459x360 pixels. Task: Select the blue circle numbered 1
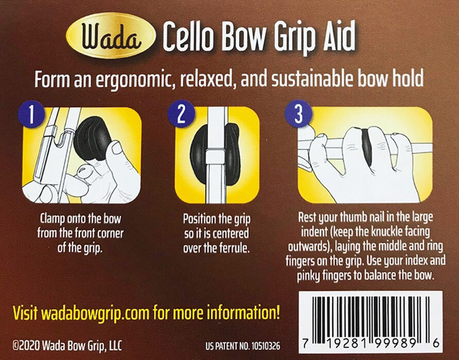click(x=31, y=114)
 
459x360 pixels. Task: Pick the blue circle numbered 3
click(x=299, y=114)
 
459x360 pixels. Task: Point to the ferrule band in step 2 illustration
click(x=215, y=157)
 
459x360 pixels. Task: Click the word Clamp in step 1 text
click(x=53, y=219)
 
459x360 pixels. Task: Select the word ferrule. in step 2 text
click(x=235, y=248)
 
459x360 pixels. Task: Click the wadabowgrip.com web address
click(x=95, y=313)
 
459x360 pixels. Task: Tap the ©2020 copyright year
click(x=26, y=346)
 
